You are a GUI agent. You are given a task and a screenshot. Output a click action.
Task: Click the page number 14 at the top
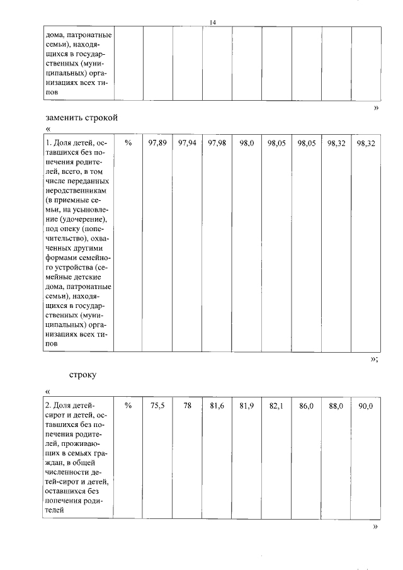[213, 23]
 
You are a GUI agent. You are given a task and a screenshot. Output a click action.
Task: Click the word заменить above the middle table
[65, 118]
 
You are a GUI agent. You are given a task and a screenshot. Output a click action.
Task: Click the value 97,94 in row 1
[187, 144]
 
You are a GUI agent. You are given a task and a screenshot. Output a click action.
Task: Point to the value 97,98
[217, 144]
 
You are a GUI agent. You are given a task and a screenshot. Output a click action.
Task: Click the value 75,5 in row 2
[157, 407]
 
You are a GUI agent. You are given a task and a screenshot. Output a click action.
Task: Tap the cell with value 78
[187, 407]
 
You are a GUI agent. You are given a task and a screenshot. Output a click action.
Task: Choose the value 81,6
[217, 407]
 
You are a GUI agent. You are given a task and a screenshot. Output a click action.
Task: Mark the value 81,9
[247, 407]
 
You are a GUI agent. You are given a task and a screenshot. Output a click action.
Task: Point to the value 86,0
[306, 407]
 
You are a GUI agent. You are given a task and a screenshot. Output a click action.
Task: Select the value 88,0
[336, 407]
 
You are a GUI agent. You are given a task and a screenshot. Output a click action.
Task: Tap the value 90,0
[366, 407]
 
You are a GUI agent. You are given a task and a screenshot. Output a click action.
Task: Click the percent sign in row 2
[128, 407]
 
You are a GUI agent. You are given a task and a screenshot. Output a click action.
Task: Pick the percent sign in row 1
[128, 144]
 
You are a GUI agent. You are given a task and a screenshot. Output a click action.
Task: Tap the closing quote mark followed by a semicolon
[374, 359]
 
